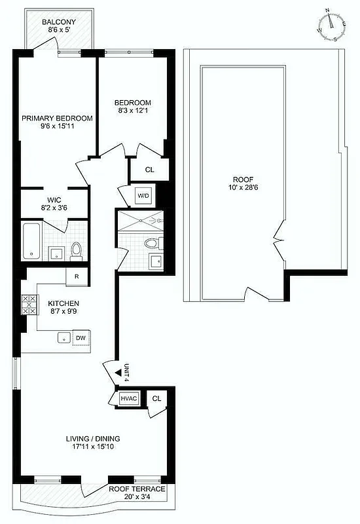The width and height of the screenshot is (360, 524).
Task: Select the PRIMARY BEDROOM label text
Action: [57, 119]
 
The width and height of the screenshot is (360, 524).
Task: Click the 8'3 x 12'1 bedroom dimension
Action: [133, 112]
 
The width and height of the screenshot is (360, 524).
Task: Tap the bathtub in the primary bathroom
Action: [31, 242]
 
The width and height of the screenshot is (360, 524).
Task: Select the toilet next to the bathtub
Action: [77, 249]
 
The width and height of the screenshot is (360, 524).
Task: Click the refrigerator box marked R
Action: [77, 276]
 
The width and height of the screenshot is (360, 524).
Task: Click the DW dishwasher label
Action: [81, 338]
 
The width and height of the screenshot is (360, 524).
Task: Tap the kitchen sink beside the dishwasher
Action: [64, 338]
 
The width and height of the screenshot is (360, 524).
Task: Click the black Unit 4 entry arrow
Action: [118, 371]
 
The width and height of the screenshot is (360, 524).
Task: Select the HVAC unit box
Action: [127, 398]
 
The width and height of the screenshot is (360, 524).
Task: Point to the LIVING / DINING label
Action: [92, 439]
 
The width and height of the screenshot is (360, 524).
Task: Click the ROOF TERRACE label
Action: [137, 489]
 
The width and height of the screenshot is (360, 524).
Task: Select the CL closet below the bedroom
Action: [149, 170]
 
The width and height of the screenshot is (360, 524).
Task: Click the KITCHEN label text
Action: [63, 304]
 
